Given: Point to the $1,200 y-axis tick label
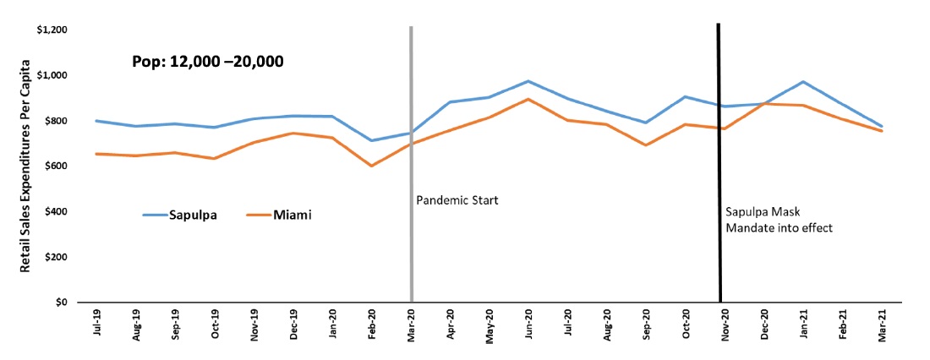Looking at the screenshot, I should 53,30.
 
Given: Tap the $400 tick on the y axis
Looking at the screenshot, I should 57,212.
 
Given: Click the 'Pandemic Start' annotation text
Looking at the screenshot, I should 457,201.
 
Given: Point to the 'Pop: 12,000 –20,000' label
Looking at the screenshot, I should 207,61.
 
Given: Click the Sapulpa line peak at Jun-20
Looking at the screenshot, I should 528,81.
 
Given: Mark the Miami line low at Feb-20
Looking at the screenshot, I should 371,166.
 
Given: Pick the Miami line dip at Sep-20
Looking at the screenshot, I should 646,145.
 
